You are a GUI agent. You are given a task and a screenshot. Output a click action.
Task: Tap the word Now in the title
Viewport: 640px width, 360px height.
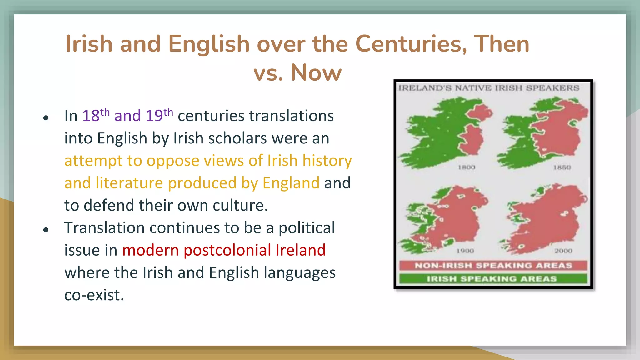(x=316, y=73)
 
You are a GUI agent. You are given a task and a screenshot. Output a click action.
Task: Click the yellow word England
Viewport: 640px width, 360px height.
(x=291, y=183)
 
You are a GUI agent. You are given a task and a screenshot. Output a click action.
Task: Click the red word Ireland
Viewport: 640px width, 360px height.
(x=301, y=250)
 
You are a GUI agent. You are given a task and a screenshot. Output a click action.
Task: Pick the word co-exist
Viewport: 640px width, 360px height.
(x=94, y=295)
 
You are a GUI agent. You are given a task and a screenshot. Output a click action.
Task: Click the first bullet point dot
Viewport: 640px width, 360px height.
(x=46, y=118)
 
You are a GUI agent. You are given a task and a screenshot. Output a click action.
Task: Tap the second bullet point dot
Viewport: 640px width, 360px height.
(x=46, y=230)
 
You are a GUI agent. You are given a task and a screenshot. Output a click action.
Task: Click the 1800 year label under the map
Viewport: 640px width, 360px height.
(x=467, y=167)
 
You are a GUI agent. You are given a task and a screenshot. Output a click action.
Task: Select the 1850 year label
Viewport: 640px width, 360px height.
(x=562, y=167)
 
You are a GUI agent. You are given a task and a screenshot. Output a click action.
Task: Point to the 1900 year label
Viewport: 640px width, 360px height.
(x=465, y=251)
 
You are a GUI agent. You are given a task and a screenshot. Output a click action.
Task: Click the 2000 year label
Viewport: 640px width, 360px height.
(x=563, y=251)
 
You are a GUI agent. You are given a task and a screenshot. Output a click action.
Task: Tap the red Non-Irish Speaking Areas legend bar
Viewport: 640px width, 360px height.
(x=493, y=266)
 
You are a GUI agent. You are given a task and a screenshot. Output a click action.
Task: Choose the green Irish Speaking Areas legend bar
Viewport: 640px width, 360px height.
(x=493, y=279)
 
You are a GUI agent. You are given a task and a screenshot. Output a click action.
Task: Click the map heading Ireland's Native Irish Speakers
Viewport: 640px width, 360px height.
(x=489, y=88)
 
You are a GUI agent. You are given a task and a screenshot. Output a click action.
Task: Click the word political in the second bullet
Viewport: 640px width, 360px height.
(x=307, y=228)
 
